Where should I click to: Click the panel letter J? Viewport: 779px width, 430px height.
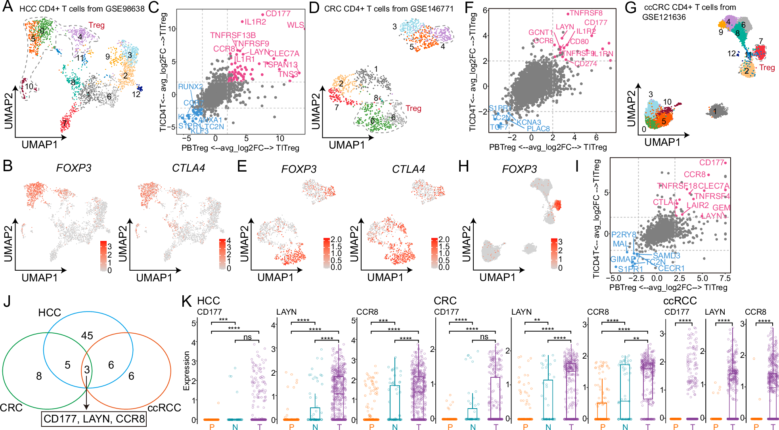(7, 302)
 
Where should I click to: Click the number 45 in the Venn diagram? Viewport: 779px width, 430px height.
(87, 336)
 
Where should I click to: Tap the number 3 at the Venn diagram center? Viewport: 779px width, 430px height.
(87, 370)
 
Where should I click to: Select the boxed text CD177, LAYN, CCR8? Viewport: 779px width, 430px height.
(94, 419)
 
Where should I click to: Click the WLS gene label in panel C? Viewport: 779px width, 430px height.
(295, 25)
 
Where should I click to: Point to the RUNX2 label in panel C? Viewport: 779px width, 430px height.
(190, 87)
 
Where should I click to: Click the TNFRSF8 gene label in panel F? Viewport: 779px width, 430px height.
(586, 13)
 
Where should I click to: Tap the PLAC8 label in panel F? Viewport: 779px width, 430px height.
(538, 128)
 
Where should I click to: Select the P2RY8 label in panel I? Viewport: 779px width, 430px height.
(623, 235)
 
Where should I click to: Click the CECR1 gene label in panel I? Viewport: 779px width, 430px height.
(672, 268)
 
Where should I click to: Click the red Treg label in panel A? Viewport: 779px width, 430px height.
(96, 25)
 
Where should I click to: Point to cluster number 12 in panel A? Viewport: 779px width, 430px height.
(136, 94)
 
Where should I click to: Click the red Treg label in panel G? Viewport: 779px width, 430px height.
(767, 67)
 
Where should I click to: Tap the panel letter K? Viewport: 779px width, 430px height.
(187, 302)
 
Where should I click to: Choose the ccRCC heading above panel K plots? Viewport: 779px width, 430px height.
(680, 301)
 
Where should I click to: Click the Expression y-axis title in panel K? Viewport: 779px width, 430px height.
(186, 371)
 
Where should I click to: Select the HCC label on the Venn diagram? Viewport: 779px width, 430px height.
(50, 313)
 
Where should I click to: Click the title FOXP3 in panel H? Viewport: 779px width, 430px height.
(519, 169)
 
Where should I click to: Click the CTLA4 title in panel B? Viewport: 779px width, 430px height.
(188, 168)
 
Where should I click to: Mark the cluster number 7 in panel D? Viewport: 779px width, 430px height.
(337, 107)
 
